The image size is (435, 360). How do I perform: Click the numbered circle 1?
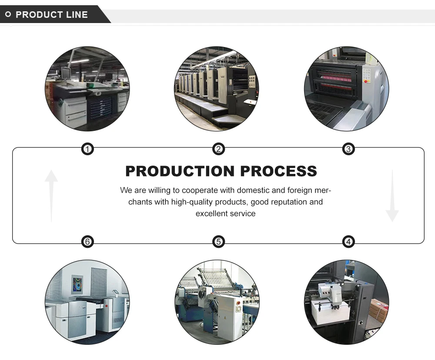pos(88,150)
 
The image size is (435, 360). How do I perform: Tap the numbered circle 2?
pos(218,150)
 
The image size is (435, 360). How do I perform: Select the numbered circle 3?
pos(348,150)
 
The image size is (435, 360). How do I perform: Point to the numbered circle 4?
pos(348,242)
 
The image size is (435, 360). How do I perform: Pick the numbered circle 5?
pos(218,242)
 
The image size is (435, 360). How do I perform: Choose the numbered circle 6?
pos(88,242)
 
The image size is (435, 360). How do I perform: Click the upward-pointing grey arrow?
pos(51,195)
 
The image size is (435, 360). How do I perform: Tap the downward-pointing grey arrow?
pos(392,196)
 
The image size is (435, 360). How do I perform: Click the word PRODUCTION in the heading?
pos(179,171)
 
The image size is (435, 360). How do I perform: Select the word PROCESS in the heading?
pos(278,171)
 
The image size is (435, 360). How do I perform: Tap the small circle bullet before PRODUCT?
pos(8,15)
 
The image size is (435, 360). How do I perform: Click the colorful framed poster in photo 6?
pos(79,285)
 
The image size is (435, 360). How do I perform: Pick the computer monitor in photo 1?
pos(66,73)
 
